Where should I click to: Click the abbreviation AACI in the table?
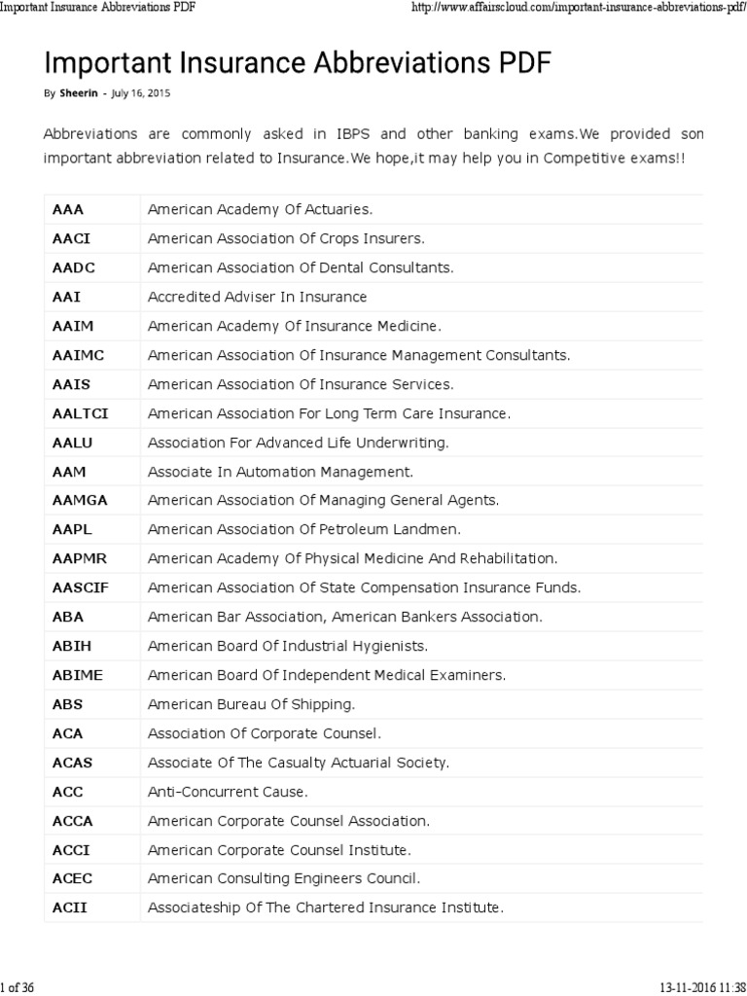[x=71, y=238]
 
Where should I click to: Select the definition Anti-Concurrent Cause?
[x=228, y=792]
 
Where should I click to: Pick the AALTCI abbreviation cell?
[x=80, y=413]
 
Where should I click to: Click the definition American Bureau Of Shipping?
[x=251, y=704]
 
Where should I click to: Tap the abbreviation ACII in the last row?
[x=70, y=907]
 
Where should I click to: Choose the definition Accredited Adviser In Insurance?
[x=257, y=297]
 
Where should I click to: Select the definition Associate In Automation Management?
[x=280, y=472]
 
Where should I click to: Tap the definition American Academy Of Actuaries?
[x=260, y=209]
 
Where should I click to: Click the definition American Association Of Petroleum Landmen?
[x=304, y=530]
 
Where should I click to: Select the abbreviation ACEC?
[x=72, y=878]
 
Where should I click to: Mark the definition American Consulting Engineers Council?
[x=283, y=878]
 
